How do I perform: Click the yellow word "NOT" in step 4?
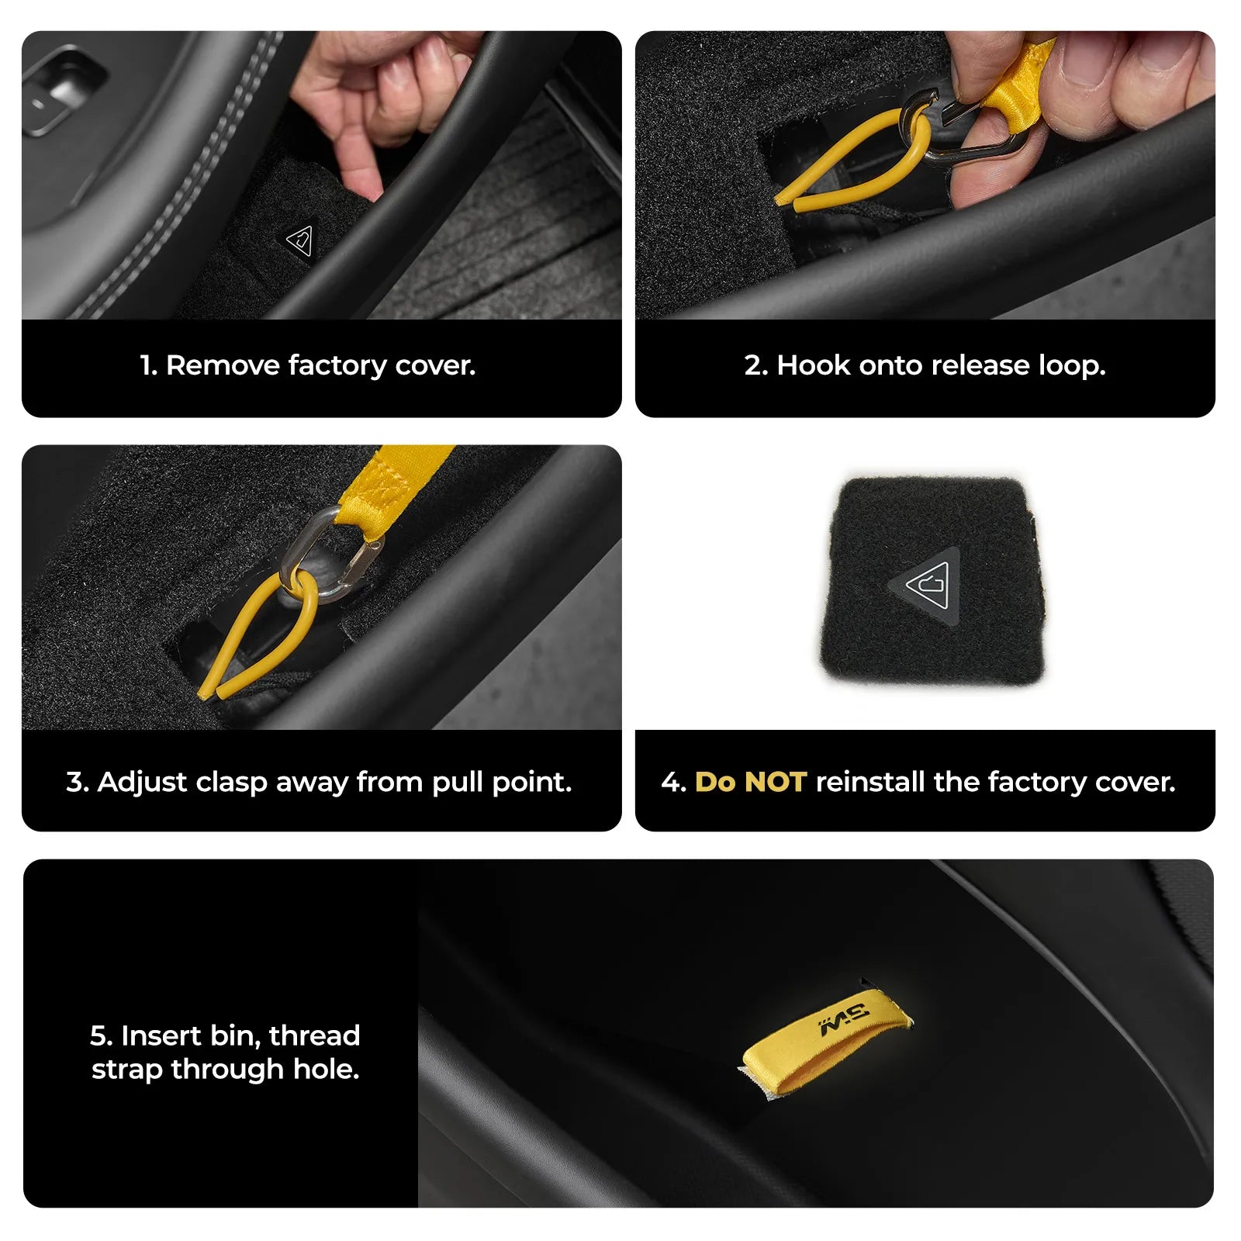(775, 782)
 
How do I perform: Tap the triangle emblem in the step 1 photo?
(299, 240)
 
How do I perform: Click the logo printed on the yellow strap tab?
(844, 1019)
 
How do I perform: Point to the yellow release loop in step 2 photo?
(853, 159)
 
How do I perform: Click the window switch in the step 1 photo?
(62, 89)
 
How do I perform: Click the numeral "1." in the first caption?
(149, 365)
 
